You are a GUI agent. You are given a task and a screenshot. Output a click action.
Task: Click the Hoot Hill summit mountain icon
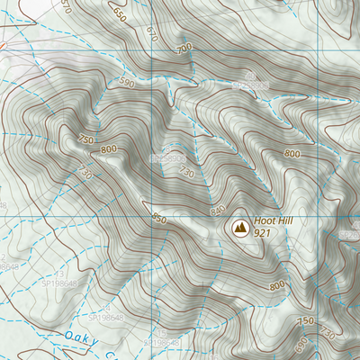click(x=239, y=228)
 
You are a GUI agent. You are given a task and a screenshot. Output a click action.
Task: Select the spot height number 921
click(x=263, y=233)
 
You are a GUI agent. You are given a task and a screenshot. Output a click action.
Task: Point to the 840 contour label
click(x=217, y=210)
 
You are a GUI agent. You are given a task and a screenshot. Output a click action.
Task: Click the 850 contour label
click(x=160, y=219)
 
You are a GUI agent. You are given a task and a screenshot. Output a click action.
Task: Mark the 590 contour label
click(x=128, y=83)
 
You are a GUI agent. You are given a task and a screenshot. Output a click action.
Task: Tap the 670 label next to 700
click(x=150, y=37)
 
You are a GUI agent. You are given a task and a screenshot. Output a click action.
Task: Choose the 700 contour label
click(x=184, y=47)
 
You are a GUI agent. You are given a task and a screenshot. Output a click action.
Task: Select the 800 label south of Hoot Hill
click(x=275, y=285)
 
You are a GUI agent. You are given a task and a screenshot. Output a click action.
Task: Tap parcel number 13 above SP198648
click(x=60, y=274)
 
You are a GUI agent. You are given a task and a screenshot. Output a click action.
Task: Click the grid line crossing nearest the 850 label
click(x=152, y=217)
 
